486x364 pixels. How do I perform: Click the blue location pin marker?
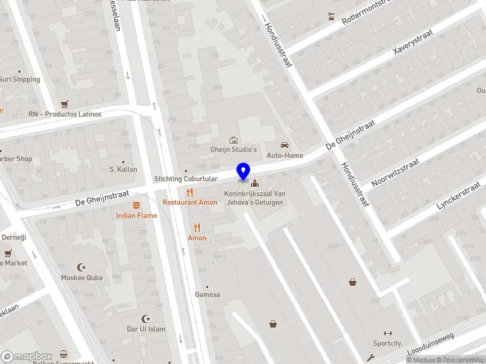point(244,172)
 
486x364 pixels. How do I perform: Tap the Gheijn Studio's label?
point(234,149)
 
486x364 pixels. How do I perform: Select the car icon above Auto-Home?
point(284,145)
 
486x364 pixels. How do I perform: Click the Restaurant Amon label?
point(190,202)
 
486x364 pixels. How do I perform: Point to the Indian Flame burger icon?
point(137,205)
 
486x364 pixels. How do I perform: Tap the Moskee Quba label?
point(81,277)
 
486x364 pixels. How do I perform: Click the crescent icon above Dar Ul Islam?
point(145,318)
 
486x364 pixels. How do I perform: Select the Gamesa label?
point(207,294)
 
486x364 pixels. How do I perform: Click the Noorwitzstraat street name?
point(395,172)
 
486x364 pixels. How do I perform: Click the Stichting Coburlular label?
point(185,179)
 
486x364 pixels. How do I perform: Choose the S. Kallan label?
point(123,169)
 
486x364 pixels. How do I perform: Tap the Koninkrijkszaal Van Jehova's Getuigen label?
point(254,198)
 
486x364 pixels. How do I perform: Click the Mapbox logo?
point(27,356)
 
